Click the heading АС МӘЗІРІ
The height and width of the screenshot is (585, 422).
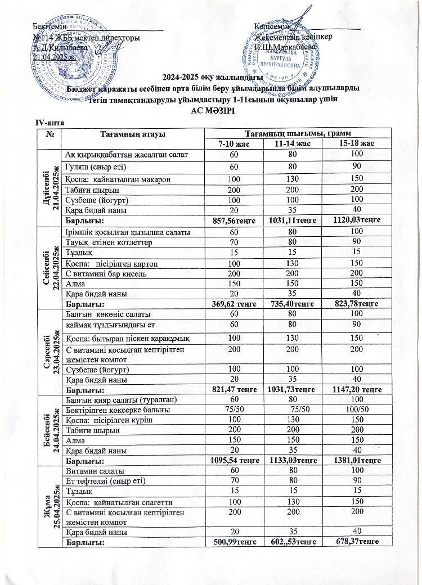(212, 111)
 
